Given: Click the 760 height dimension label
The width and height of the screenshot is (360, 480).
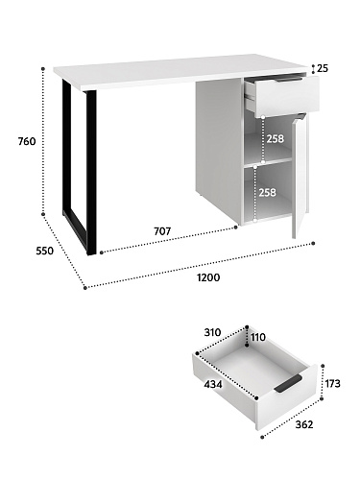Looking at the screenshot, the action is pos(27,141).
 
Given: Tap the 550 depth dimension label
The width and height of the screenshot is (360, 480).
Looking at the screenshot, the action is pos(45,252).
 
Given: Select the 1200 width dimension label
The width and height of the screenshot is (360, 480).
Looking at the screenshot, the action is pos(208,277).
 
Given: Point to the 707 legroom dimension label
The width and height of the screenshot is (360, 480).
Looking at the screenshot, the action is pos(162,231).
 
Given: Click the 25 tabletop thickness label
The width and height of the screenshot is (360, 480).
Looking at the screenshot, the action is pos(323,68).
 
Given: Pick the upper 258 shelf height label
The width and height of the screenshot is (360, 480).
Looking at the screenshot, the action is pos(276,138).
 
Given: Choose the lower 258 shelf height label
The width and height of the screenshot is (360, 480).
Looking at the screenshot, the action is pos(267,192).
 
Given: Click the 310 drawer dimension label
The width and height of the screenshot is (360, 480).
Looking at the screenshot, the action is pos(212,332).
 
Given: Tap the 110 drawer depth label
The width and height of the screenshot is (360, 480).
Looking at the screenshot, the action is pos(258,337).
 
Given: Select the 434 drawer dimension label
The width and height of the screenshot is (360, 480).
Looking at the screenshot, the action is pos(213,384).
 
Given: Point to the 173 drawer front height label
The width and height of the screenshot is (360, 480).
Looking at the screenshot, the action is pos(332,383).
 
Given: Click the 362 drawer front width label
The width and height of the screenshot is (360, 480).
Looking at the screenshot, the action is pos(304,424).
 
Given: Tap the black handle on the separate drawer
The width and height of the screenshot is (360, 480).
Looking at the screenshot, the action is pos(288,383).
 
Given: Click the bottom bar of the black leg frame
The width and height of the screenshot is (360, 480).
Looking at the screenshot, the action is pos(76,232).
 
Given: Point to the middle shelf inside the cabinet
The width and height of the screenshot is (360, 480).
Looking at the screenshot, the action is pos(268,161).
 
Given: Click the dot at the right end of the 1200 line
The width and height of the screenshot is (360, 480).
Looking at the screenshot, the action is pos(313,244).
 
